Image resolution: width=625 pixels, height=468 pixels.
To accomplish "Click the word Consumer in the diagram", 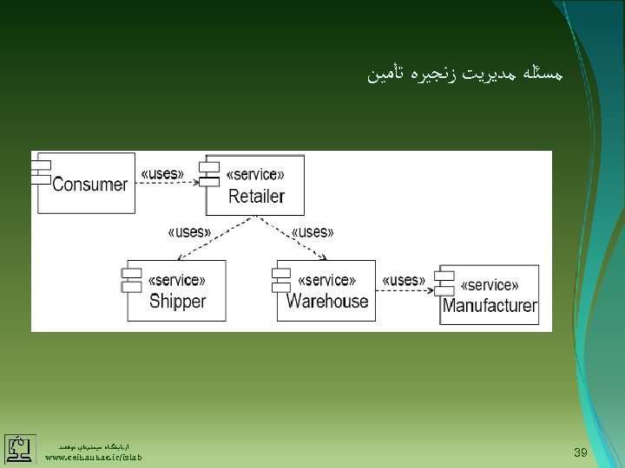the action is [90, 184].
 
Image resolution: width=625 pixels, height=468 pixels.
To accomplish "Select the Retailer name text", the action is [256, 196].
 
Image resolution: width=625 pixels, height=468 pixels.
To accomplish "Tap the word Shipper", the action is [177, 302].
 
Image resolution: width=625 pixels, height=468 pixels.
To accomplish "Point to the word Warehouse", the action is [327, 301].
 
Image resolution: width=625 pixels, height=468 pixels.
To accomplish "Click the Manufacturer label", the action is [490, 306].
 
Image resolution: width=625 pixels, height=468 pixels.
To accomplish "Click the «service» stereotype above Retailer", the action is [255, 175].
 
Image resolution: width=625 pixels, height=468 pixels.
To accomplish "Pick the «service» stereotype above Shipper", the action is [177, 281].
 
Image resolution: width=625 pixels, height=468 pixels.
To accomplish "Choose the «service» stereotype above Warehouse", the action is [326, 280].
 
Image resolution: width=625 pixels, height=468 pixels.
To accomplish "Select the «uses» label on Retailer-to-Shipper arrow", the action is [189, 231].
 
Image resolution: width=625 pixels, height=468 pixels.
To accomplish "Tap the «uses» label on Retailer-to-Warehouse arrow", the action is [312, 231].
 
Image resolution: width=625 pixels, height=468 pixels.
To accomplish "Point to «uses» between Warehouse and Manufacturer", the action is [403, 280].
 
